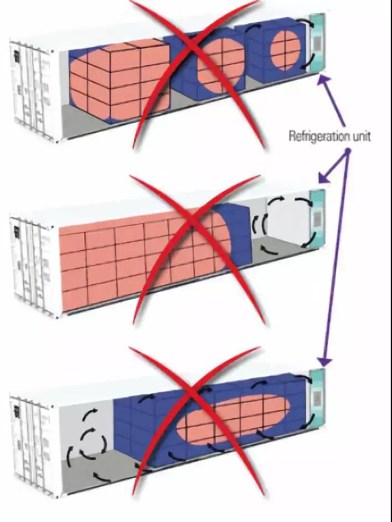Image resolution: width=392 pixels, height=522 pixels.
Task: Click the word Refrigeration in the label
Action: tap(318, 137)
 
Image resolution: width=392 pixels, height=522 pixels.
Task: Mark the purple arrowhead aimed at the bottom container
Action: tap(325, 361)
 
